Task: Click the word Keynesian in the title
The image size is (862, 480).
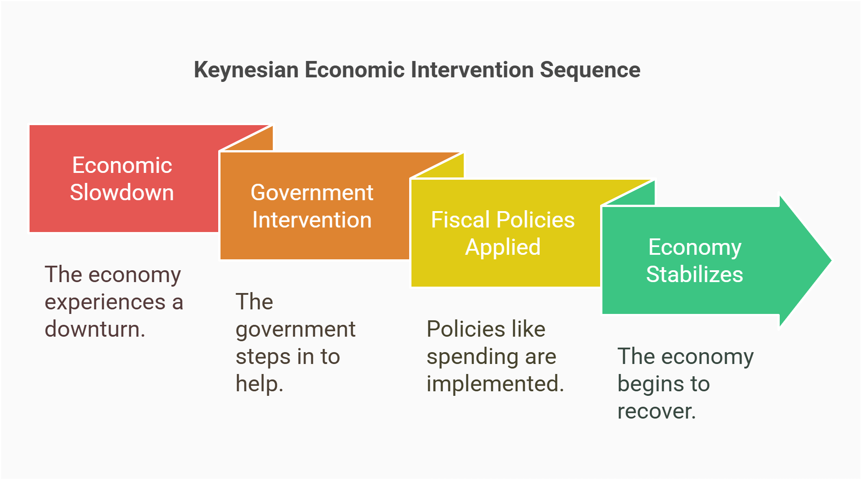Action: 246,71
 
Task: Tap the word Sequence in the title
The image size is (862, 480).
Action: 590,71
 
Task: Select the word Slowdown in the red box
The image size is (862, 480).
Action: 122,192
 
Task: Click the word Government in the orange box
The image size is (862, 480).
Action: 312,192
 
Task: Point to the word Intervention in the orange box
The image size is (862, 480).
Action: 312,220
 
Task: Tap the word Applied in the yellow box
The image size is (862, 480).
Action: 503,247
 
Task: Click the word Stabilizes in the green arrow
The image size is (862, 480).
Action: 694,274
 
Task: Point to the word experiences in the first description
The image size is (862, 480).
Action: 105,302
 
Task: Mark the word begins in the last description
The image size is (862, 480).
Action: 646,384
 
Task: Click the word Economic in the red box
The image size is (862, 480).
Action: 122,165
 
